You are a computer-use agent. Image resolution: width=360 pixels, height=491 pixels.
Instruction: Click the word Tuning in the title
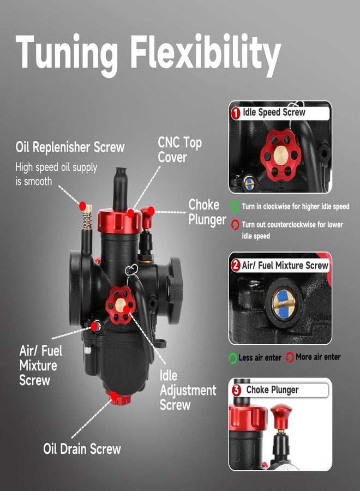(67, 54)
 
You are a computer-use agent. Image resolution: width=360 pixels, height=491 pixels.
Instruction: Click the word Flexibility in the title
(206, 54)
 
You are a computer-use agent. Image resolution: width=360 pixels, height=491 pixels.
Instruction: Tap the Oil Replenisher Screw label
(70, 147)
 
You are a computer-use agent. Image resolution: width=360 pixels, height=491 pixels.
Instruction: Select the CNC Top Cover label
(179, 149)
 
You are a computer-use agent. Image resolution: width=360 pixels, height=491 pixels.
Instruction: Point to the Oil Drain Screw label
(82, 449)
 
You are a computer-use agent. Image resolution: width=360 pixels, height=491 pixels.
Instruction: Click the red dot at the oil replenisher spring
(82, 206)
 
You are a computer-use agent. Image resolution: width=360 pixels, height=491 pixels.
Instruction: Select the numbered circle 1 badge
(236, 113)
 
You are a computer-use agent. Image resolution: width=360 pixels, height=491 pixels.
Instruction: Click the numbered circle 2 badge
(236, 266)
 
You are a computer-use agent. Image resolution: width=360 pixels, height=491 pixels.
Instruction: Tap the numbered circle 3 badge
(237, 390)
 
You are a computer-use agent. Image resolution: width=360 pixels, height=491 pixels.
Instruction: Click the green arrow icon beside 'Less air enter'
(233, 358)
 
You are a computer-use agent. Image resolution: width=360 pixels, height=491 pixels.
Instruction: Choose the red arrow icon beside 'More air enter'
(290, 357)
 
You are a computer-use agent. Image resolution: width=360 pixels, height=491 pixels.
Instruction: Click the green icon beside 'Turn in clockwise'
(235, 207)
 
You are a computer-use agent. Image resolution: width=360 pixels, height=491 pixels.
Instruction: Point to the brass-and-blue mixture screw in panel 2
(284, 303)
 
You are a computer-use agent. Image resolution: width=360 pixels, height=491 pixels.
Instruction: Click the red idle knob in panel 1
(281, 155)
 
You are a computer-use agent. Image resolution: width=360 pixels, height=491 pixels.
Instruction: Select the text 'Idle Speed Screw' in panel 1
(274, 112)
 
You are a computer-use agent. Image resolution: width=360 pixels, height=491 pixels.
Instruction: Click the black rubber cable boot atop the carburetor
(121, 188)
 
